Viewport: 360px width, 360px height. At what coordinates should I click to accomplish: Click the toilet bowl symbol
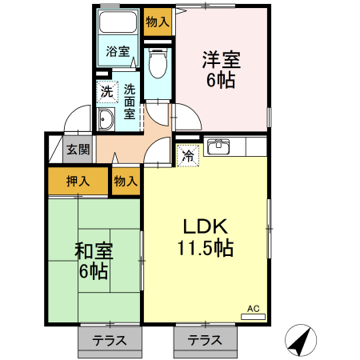click(158, 63)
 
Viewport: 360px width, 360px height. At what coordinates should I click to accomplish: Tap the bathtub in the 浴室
click(118, 22)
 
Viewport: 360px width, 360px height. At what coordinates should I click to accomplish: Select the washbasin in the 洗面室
click(106, 119)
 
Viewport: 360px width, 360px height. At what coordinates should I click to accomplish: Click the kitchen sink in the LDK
click(218, 146)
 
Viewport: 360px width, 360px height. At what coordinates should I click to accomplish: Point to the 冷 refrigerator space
click(188, 156)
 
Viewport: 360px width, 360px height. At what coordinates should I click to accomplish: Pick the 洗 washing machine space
click(107, 92)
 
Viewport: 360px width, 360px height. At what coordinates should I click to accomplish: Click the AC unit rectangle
click(253, 317)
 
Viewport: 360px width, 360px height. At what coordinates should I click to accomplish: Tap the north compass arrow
click(301, 340)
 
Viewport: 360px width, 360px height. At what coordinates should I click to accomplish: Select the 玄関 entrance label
click(78, 150)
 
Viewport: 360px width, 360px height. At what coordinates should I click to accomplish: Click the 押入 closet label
click(78, 182)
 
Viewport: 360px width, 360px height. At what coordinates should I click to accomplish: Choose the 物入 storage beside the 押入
click(126, 182)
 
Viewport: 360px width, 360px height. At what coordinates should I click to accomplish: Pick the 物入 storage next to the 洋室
click(158, 22)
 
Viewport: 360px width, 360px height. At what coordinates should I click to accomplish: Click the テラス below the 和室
click(110, 341)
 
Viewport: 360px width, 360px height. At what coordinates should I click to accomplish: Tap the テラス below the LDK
click(205, 341)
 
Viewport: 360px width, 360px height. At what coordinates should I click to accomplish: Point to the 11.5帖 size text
click(206, 248)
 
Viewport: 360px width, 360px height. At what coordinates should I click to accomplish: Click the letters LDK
click(206, 226)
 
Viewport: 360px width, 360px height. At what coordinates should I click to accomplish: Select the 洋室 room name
click(222, 60)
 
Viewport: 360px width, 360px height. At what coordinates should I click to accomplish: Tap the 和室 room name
click(94, 251)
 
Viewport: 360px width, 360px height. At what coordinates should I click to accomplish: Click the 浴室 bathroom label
click(118, 51)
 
